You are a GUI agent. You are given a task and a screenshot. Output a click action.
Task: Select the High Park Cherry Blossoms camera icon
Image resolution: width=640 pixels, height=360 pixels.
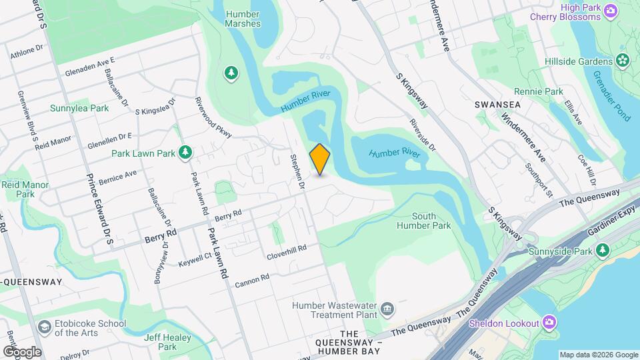(610, 11)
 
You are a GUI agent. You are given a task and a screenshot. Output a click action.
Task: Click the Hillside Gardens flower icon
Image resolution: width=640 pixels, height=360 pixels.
(623, 61)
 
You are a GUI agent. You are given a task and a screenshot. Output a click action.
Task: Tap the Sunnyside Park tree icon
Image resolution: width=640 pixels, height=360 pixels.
(603, 251)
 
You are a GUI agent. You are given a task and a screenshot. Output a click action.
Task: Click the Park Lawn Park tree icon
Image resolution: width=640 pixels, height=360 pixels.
(186, 153)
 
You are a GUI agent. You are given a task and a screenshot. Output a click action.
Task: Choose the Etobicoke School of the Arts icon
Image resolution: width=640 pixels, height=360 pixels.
(45, 328)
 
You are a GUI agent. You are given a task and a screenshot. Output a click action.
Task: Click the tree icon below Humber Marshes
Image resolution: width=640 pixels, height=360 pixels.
(231, 73)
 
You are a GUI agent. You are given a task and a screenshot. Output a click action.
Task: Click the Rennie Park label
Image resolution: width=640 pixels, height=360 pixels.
(539, 91)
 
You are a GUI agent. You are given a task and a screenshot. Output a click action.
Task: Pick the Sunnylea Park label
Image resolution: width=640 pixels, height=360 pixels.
(79, 107)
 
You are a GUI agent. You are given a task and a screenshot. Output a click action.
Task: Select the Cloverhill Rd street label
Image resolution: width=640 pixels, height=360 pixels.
(286, 251)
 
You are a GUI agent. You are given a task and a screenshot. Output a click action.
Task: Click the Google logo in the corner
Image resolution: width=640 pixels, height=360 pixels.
(22, 351)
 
